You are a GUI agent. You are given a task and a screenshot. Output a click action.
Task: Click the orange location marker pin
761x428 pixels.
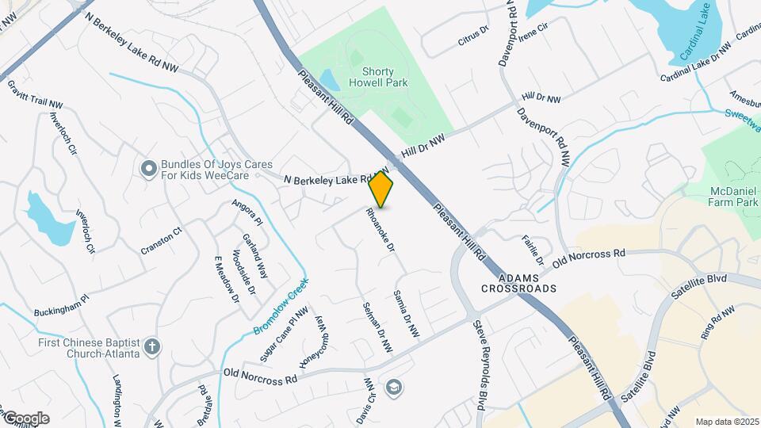pyautogui.click(x=381, y=189)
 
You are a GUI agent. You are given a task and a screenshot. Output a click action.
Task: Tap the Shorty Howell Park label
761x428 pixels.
pyautogui.click(x=366, y=76)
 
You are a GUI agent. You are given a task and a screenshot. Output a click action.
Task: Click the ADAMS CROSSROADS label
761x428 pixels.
pyautogui.click(x=518, y=283)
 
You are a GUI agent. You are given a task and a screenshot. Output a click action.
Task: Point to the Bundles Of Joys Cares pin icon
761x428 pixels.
pyautogui.click(x=148, y=168)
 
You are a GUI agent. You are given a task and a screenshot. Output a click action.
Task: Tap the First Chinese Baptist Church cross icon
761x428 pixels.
pyautogui.click(x=152, y=346)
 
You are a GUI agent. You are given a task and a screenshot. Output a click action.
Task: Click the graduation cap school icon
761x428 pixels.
pyautogui.click(x=392, y=388)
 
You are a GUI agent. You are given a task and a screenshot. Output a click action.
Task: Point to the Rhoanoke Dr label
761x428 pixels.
pyautogui.click(x=380, y=229)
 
